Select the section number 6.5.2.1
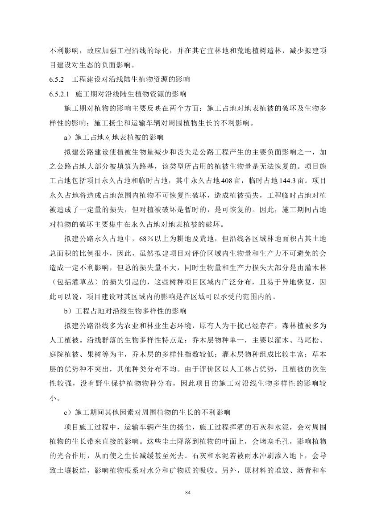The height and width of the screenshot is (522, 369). [x=60, y=95]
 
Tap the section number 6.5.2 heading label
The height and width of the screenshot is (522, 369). [x=57, y=80]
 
